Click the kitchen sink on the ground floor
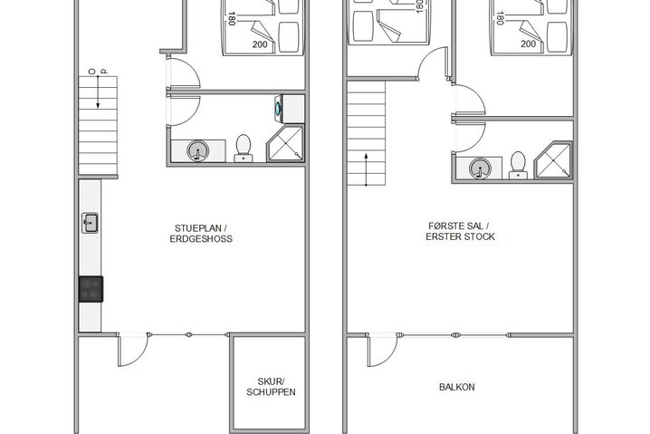[x=91, y=221]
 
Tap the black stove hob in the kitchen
[x=91, y=288]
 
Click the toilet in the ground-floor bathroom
[x=243, y=147]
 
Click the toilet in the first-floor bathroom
[x=518, y=163]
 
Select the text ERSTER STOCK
[x=460, y=237]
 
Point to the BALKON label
[x=457, y=387]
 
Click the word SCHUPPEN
[x=271, y=392]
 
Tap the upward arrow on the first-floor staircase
[x=365, y=168]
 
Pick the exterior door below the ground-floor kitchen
[x=134, y=350]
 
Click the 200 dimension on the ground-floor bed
[x=261, y=43]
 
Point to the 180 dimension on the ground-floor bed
[x=232, y=17]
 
